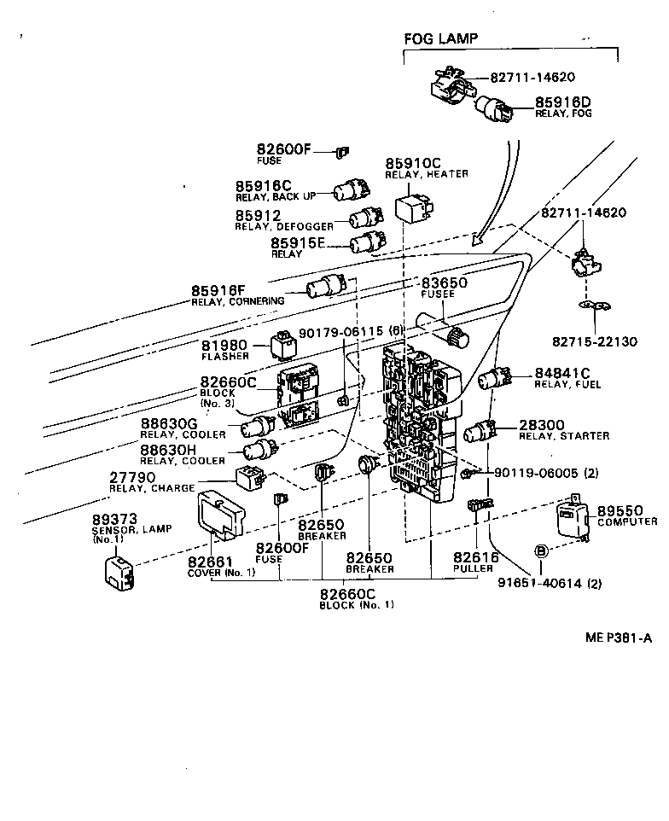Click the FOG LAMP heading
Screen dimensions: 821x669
point(440,38)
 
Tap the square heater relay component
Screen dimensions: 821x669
point(410,205)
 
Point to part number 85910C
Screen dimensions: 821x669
point(413,163)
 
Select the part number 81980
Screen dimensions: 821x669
point(224,346)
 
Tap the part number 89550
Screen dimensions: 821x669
point(625,510)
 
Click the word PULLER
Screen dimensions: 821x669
point(474,569)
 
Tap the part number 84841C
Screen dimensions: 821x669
point(562,373)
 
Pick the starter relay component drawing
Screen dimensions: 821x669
point(482,431)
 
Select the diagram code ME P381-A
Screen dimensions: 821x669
point(618,636)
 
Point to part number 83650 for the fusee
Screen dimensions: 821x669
point(445,282)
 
